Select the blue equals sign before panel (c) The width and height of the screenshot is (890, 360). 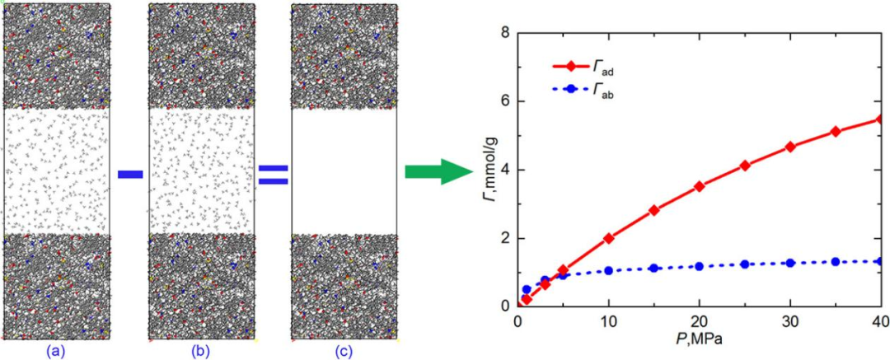pos(273,174)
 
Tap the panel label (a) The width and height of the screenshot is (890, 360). pos(56,351)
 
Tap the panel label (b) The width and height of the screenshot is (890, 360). pos(201,351)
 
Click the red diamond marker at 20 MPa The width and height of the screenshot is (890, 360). pos(700,186)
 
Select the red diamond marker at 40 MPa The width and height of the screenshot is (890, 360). pos(880,119)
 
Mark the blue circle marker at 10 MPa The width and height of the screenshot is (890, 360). pos(609,270)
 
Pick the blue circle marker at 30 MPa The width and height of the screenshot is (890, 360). pos(790,263)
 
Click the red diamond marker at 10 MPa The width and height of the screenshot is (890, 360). pos(609,238)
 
